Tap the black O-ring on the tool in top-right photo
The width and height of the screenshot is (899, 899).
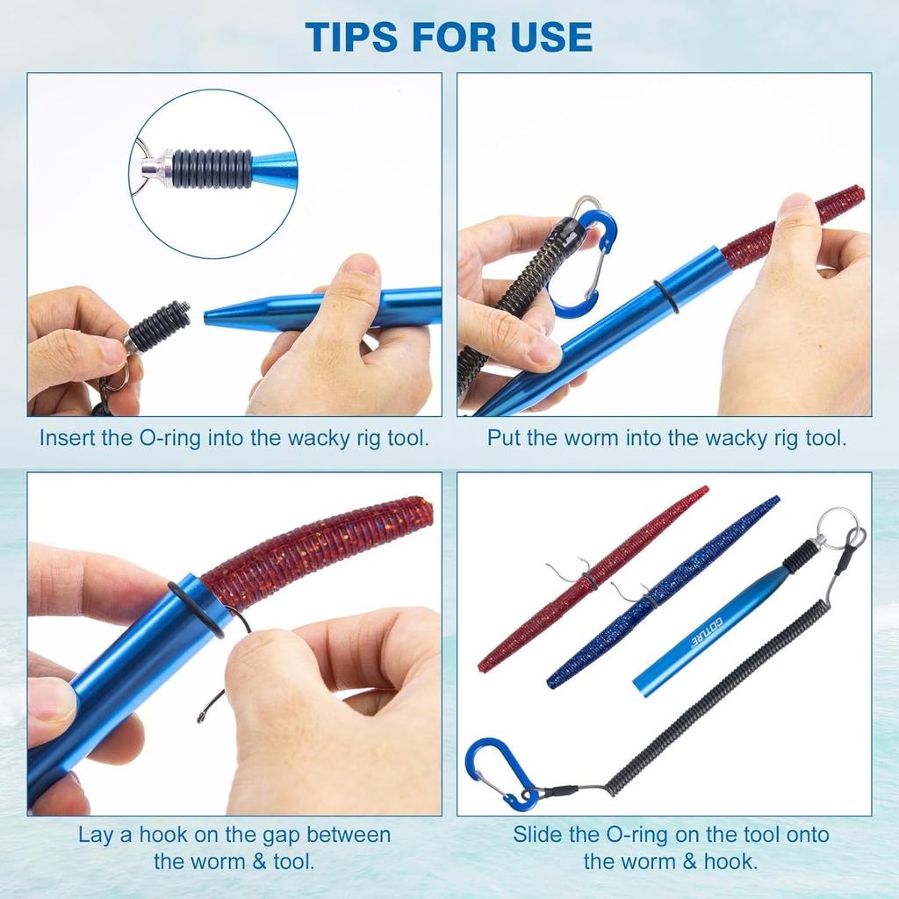click(x=665, y=296)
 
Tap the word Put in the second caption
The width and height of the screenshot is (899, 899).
click(x=504, y=438)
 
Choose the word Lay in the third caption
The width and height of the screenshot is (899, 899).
click(x=96, y=834)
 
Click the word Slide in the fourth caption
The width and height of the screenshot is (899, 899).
click(x=536, y=834)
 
